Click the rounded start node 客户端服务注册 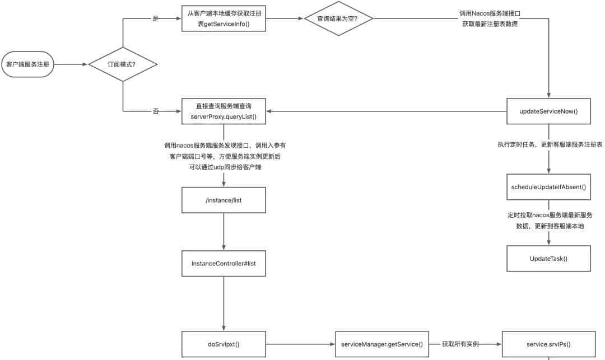point(27,64)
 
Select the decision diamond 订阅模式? point(123,64)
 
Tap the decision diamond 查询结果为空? point(338,18)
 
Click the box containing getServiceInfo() point(224,18)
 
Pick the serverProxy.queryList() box point(224,111)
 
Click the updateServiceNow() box point(548,111)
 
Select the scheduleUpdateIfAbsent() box point(548,186)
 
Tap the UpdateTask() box point(548,258)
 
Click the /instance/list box point(224,200)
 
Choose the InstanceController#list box point(224,263)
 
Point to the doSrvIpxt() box point(224,344)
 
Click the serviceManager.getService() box point(381,344)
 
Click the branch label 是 point(156,18)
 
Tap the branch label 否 point(156,111)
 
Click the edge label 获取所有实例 point(460,344)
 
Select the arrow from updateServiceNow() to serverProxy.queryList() point(387,111)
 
